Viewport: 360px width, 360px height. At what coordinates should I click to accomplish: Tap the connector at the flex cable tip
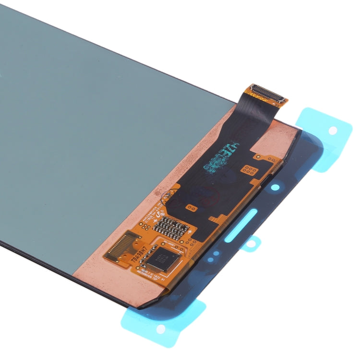(x=268, y=93)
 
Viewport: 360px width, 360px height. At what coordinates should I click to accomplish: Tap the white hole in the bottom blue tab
(x=161, y=328)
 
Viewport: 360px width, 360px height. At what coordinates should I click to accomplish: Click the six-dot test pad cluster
(x=248, y=169)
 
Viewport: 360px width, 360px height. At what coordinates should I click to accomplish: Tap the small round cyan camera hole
(x=275, y=187)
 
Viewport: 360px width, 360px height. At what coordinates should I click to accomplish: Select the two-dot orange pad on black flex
(x=192, y=208)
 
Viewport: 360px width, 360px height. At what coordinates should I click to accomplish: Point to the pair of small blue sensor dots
(x=213, y=253)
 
